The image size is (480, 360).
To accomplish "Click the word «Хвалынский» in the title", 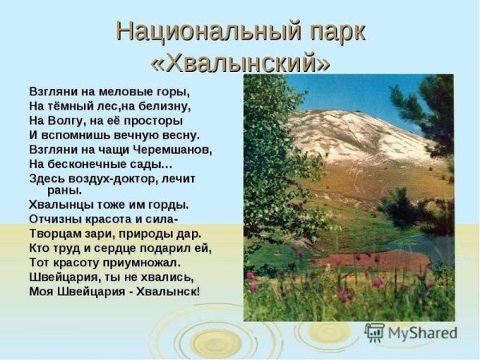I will (240, 61).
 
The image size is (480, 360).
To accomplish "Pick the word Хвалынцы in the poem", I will (57, 204).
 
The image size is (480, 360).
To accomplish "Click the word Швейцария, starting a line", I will (64, 276).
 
